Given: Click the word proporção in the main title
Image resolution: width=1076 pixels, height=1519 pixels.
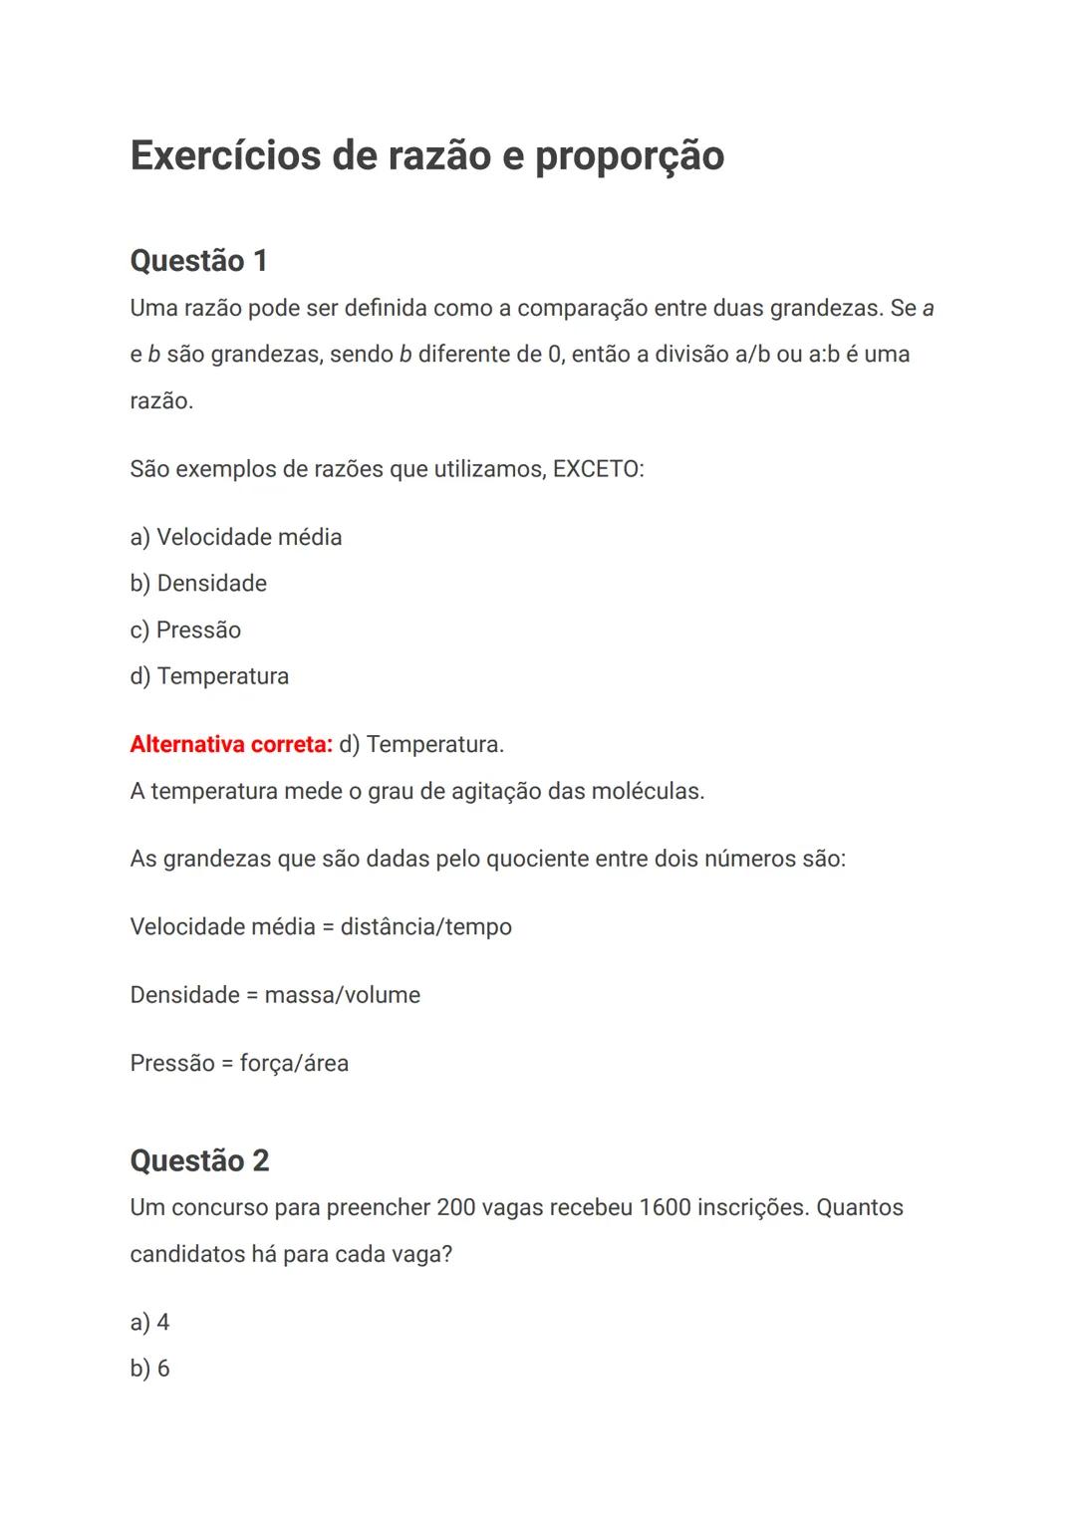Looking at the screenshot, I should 629,156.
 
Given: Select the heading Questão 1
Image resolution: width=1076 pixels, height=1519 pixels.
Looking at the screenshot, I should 198,261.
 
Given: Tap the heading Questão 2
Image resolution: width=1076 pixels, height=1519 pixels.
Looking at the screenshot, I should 199,1160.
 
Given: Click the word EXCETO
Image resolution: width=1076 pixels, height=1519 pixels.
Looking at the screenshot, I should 597,469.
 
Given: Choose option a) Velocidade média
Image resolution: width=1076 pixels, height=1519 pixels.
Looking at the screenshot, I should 236,538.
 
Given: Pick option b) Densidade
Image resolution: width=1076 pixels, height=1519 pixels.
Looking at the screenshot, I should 198,584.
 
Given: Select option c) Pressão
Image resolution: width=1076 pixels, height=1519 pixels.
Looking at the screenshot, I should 185,631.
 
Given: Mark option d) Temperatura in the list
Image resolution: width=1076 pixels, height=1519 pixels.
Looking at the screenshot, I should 209,676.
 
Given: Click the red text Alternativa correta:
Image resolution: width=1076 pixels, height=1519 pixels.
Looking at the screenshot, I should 231,745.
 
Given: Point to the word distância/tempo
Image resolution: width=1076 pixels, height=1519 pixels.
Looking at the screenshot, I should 425,927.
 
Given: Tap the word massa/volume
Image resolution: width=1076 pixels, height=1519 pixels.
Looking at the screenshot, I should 342,995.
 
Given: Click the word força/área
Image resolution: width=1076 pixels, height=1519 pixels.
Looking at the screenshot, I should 294,1064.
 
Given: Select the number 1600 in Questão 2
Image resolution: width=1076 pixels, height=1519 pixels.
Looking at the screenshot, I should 664,1208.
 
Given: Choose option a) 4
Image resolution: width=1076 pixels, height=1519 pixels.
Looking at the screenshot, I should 149,1323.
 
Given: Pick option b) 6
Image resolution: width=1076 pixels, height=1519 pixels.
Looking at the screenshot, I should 149,1369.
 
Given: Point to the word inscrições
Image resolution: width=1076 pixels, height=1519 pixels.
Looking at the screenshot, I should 750,1208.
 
